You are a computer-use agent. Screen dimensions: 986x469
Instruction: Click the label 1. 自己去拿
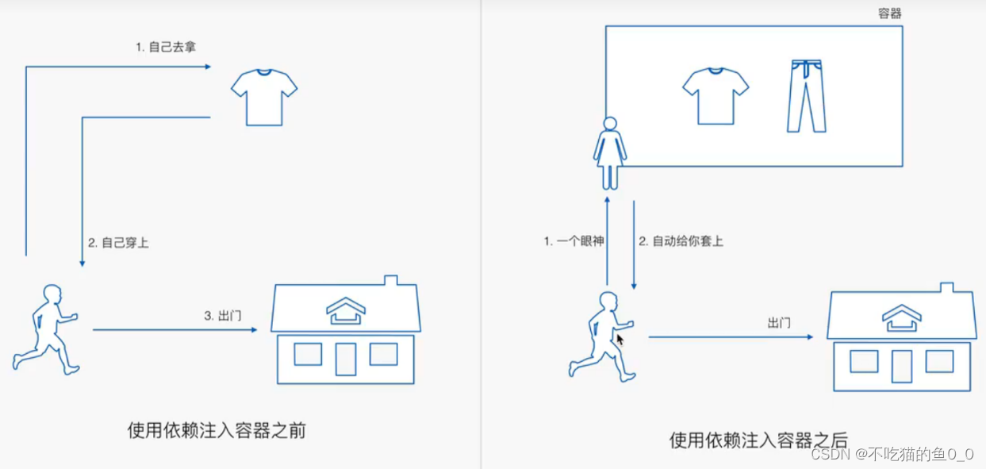(165, 47)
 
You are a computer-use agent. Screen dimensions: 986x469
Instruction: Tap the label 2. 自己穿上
(118, 243)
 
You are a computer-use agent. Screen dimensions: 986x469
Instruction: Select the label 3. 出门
(223, 316)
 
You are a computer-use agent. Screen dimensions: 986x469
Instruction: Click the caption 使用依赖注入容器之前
(217, 430)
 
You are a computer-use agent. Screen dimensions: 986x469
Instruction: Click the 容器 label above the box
(890, 13)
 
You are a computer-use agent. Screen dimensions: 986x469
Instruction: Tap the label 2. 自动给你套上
(681, 241)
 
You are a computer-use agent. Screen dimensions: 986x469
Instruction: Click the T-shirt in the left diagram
(264, 96)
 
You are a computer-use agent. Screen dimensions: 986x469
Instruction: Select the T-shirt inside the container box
(716, 95)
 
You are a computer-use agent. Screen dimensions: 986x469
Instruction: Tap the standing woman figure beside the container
(610, 154)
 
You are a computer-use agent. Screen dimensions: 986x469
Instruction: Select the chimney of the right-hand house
(947, 288)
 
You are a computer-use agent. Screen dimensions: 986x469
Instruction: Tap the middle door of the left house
(346, 358)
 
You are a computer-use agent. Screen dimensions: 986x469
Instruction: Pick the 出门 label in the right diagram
(779, 323)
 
